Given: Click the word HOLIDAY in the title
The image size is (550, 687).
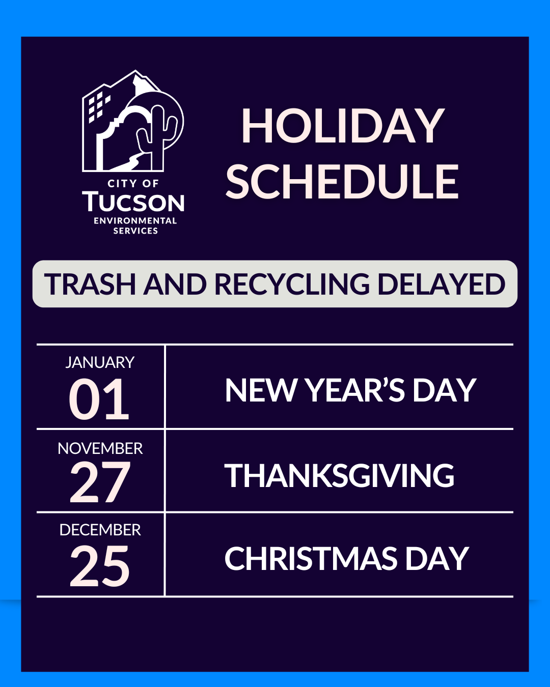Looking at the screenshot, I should point(343,126).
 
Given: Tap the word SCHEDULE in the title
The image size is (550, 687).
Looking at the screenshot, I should point(342,182).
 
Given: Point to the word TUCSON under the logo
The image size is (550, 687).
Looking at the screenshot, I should point(133,202).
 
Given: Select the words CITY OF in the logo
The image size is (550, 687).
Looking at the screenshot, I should point(133,183).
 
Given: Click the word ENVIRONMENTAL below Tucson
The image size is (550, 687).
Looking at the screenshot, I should point(135,221).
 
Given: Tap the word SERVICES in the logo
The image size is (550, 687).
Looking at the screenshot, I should point(135,231).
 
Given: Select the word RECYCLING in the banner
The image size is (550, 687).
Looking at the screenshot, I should point(292,284).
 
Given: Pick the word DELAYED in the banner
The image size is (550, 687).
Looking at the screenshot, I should point(441,284).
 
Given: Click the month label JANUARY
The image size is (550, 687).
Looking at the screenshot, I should point(100,362).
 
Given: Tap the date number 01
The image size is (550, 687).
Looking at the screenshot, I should point(99,400).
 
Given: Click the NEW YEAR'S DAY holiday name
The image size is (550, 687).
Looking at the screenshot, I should point(350,390).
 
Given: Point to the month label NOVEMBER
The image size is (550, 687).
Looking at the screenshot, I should point(100,448).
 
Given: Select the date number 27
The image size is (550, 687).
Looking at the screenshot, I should point(100,482).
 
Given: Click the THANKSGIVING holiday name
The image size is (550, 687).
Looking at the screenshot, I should point(339,476).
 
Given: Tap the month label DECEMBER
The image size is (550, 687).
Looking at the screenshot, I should point(100,530).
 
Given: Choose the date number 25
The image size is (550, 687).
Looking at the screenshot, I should point(100,565).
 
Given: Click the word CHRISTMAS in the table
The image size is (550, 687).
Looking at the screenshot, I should point(311,559).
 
